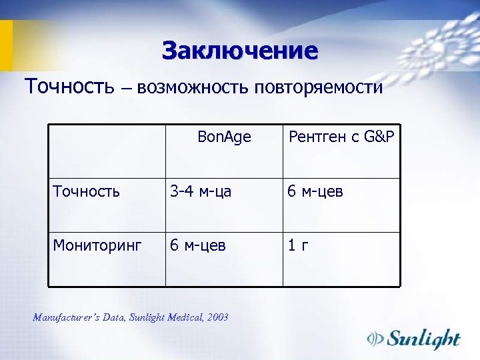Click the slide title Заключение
tap(240, 51)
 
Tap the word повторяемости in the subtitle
tap(318, 87)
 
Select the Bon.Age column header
tap(224, 137)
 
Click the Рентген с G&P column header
tap(341, 137)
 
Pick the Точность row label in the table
tap(87, 192)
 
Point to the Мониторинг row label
tap(97, 246)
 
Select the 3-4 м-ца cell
tap(201, 192)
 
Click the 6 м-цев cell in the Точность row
tap(315, 192)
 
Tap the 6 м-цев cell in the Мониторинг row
tap(198, 246)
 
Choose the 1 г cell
tap(297, 246)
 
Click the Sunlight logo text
tap(425, 338)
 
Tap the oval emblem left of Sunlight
tap(377, 339)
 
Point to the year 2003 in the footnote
tap(217, 317)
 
